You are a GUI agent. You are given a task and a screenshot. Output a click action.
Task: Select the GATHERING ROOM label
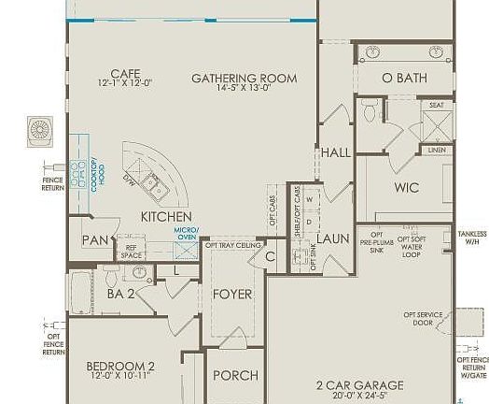pyautogui.click(x=244, y=78)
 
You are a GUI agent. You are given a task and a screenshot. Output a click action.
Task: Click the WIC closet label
pyautogui.click(x=406, y=187)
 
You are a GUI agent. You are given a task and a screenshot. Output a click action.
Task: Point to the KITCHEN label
pyautogui.click(x=166, y=216)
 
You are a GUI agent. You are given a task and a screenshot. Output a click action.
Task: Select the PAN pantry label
pyautogui.click(x=94, y=240)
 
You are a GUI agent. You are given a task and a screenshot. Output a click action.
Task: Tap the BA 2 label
pyautogui.click(x=122, y=293)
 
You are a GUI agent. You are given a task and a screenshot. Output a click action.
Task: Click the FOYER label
pyautogui.click(x=232, y=294)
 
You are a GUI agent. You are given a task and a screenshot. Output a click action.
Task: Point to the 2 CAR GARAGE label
pyautogui.click(x=358, y=384)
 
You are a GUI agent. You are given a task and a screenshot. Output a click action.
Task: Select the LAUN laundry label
pyautogui.click(x=332, y=238)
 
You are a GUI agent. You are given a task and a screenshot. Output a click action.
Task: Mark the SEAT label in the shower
pyautogui.click(x=436, y=105)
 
